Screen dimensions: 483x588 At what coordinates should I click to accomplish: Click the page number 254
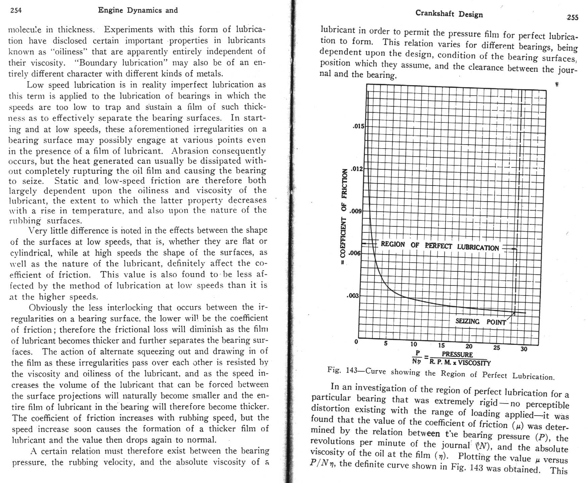click(x=16, y=10)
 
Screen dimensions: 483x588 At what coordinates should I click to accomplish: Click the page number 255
click(x=572, y=17)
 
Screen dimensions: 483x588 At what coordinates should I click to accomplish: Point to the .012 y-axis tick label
click(x=357, y=169)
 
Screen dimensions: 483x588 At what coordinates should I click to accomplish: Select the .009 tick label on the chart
click(x=355, y=211)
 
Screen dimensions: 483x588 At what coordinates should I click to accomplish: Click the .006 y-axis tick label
click(x=355, y=253)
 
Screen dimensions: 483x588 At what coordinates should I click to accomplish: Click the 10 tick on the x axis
click(x=413, y=344)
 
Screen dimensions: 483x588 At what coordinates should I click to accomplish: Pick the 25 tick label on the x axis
click(x=496, y=348)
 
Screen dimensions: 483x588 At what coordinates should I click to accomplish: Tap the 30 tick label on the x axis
click(x=524, y=349)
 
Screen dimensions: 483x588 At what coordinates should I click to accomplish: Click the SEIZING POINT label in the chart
click(x=480, y=322)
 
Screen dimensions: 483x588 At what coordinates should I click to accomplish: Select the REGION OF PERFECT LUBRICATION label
click(x=440, y=246)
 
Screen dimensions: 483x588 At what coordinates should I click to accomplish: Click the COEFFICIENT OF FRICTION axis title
click(x=344, y=218)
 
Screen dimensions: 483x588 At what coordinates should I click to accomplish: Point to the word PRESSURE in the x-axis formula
click(x=457, y=355)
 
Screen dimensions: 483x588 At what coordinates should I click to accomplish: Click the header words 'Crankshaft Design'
click(x=449, y=14)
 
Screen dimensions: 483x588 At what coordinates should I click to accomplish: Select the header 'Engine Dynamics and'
click(x=138, y=10)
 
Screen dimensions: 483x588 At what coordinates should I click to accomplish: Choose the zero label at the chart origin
click(x=356, y=342)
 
